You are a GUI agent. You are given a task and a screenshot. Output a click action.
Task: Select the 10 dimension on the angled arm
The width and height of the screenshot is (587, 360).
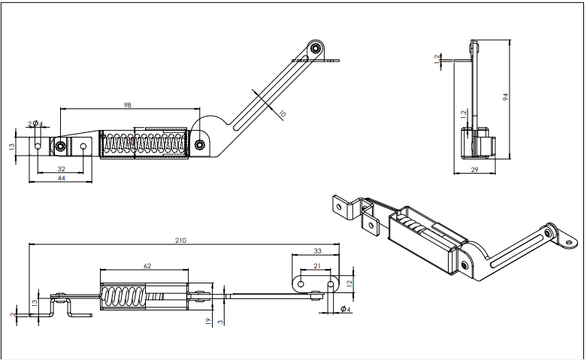[282, 113]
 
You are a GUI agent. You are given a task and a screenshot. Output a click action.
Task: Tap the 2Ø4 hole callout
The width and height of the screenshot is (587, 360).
[35, 124]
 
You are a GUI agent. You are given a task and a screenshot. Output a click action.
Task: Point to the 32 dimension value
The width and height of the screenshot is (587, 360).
[60, 169]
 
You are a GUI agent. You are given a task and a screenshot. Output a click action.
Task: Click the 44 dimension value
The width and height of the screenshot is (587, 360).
[60, 178]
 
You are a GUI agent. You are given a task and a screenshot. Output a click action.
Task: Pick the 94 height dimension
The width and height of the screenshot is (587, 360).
[506, 96]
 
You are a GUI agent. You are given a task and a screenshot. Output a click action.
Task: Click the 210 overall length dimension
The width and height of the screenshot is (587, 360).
[180, 241]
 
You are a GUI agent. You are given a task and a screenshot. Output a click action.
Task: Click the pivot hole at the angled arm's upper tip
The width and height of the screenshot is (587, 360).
[316, 48]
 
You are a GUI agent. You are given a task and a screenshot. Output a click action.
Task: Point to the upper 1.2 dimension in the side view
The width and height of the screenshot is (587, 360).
[438, 59]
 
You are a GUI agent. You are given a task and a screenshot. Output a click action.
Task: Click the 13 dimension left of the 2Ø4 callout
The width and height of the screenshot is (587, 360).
[12, 147]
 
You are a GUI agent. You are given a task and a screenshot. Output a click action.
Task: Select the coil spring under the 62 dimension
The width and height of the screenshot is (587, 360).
[123, 295]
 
